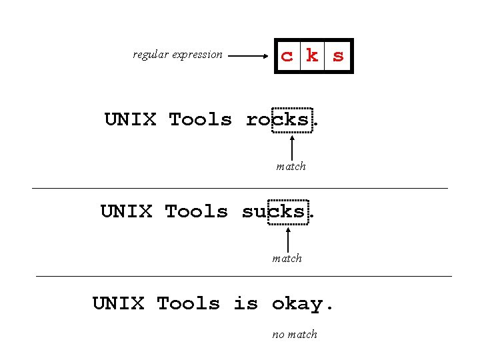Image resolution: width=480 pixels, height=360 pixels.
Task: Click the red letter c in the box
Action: pos(287,57)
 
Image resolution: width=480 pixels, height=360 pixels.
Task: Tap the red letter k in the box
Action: pos(312,55)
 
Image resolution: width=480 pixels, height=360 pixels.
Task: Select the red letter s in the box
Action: pos(338,56)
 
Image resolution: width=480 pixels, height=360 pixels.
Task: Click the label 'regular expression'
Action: pos(177,55)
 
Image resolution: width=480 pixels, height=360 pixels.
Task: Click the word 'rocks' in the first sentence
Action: pos(278,120)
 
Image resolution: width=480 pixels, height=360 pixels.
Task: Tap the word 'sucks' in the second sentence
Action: pos(274,212)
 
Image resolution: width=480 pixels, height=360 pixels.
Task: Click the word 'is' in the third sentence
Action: pos(245,304)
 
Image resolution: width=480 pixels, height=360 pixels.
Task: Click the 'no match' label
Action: pos(295,334)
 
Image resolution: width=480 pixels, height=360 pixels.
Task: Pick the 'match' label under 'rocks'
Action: pos(291,166)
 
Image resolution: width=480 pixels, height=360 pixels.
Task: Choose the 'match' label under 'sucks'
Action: pos(287,258)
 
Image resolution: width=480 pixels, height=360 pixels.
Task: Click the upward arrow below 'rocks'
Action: pos(292,147)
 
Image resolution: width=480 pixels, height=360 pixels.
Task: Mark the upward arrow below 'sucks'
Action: pos(287,239)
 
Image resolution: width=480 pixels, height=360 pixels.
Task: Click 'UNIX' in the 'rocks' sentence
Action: pos(130,120)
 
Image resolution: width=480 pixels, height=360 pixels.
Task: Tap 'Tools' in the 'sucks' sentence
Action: pos(196,212)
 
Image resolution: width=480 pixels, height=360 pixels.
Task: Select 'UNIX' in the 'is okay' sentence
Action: pos(118,304)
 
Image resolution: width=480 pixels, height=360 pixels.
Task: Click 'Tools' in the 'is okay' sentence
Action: pos(188,304)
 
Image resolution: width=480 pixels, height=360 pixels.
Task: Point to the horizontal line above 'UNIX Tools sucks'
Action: pos(240,189)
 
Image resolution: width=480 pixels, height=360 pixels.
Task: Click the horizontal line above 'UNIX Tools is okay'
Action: pos(243,275)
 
